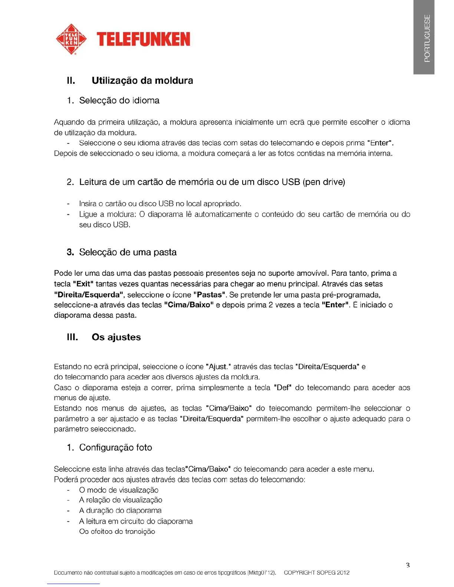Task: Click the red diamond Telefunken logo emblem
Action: (71, 39)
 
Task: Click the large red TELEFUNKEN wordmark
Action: (143, 39)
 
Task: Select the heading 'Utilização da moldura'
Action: (142, 80)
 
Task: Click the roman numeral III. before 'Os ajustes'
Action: (72, 337)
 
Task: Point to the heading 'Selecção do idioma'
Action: (119, 100)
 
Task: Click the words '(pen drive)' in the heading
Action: (324, 182)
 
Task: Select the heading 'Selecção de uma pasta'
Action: (128, 252)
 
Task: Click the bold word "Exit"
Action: (83, 284)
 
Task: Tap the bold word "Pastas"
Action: (210, 295)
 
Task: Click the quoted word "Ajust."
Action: (218, 367)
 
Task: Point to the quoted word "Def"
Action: (283, 388)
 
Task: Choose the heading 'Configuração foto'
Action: (115, 448)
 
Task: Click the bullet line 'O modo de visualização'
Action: (119, 490)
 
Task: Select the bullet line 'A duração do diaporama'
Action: (120, 511)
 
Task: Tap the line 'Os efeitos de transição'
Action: (117, 531)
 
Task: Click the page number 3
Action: (408, 565)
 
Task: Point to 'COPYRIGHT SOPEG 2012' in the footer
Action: (316, 573)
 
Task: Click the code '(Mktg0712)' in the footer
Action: (262, 573)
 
